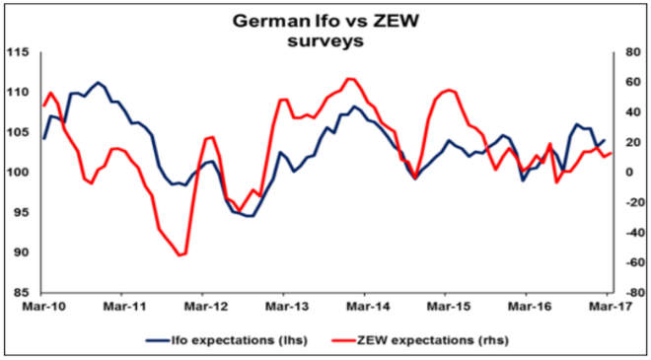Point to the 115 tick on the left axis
pyautogui.click(x=18, y=52)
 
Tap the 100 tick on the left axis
pyautogui.click(x=18, y=173)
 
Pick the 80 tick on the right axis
pyautogui.click(x=627, y=52)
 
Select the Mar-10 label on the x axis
pyautogui.click(x=38, y=308)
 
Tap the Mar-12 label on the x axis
pyautogui.click(x=201, y=308)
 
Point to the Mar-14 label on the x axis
pyautogui.click(x=364, y=308)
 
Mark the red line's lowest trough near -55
pyautogui.click(x=180, y=255)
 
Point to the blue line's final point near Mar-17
pyautogui.click(x=603, y=140)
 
